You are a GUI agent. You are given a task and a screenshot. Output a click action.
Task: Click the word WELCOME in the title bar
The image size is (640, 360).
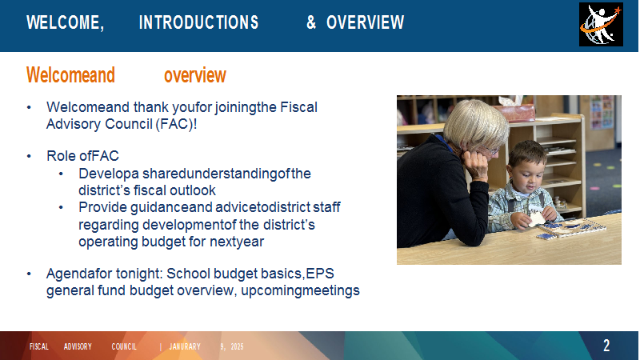pos(65,22)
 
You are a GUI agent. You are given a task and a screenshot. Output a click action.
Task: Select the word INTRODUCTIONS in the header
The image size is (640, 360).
pos(198,22)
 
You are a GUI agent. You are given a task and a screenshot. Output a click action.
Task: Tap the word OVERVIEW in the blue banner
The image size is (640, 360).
pos(366,22)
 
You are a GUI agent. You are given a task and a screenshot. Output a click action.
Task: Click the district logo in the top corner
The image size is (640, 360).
pos(601,25)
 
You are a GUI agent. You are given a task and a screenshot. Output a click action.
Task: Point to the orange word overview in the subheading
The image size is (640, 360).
pos(195,75)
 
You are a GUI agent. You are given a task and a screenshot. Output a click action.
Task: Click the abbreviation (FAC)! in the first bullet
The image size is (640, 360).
pos(176,124)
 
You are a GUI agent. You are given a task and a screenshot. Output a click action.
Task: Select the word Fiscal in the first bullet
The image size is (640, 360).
pos(298,107)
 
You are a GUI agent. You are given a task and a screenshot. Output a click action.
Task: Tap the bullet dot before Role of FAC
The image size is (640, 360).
pos(29,156)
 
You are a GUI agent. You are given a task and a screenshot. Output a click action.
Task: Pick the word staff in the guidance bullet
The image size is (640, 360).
pos(326,207)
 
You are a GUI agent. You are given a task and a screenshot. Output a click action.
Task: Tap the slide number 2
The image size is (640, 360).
pos(606,346)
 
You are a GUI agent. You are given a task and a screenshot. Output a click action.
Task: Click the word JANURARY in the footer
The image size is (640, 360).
pos(185,346)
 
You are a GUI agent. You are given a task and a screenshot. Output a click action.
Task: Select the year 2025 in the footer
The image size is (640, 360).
pos(237,346)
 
